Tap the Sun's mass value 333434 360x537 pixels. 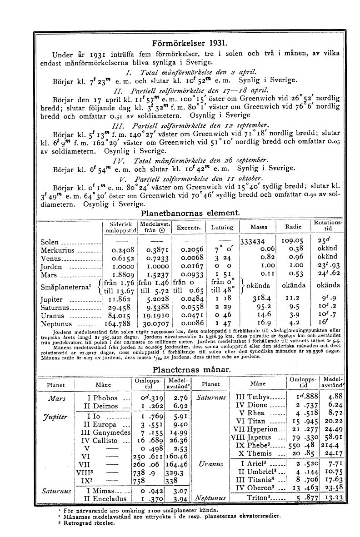point(257,242)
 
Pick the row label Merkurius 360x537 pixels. point(57,250)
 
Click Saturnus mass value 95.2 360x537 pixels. point(260,308)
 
